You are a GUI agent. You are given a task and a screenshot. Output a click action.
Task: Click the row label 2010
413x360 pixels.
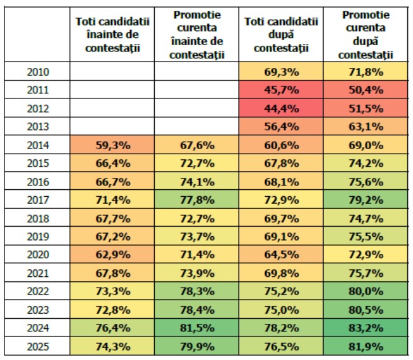[x=38, y=72]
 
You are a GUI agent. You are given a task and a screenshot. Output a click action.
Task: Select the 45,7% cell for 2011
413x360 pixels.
[x=281, y=90]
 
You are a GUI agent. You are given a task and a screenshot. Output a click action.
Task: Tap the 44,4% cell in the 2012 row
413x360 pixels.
[x=281, y=109]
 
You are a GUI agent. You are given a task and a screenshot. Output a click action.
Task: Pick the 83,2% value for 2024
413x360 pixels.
[x=365, y=328]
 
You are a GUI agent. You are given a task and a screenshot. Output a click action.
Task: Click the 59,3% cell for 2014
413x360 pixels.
[x=112, y=145]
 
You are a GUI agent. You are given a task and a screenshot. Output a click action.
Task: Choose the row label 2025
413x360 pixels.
[x=38, y=347]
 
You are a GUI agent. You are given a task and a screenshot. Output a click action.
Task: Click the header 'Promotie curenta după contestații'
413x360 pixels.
[x=365, y=34]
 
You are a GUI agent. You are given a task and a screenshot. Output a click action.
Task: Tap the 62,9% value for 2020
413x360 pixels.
[x=112, y=255]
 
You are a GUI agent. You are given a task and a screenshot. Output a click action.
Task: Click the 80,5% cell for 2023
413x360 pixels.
[x=365, y=310]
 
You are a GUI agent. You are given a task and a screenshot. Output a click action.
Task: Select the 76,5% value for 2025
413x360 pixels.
[x=281, y=347]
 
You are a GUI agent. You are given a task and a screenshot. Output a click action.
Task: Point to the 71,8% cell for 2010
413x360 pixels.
[x=365, y=72]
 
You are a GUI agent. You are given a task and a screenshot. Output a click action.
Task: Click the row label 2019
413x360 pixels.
[x=38, y=237]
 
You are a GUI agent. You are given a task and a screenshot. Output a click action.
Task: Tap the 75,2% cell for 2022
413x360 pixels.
[x=281, y=291]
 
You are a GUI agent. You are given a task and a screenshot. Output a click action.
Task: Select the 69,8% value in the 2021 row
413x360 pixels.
[x=281, y=274]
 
